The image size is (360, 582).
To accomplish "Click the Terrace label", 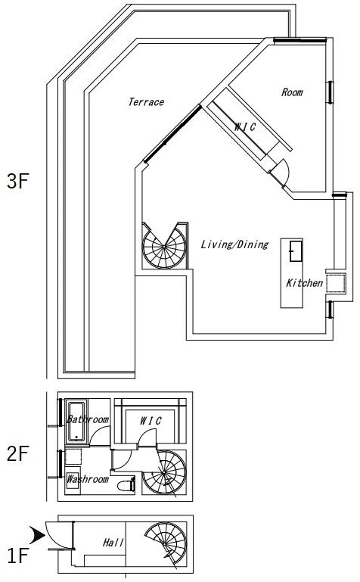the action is [x=146, y=102].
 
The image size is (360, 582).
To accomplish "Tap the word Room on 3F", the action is [x=292, y=92].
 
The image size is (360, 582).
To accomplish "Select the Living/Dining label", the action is [x=234, y=244].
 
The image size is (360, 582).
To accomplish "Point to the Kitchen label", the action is [x=304, y=283].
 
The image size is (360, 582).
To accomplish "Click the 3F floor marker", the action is [x=18, y=182].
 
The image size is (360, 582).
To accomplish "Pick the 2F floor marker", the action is [x=18, y=453].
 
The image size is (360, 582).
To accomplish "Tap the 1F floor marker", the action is [x=18, y=556].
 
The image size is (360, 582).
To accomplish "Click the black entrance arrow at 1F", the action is [x=37, y=535].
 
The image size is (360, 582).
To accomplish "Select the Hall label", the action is [x=113, y=543].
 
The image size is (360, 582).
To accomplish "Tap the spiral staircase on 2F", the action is [x=164, y=472].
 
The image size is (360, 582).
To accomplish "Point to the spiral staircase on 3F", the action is [x=164, y=245].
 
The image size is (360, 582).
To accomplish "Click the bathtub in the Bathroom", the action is [x=76, y=422].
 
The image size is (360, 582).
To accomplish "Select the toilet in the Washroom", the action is [x=126, y=485].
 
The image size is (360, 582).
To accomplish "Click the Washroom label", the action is [x=88, y=479].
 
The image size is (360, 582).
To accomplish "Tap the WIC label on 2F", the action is [x=151, y=421].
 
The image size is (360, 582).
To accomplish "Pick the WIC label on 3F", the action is [x=245, y=127].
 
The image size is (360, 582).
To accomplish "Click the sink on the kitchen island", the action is [x=296, y=251].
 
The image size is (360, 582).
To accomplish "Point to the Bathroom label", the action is [x=88, y=419].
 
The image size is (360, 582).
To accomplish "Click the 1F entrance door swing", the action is [x=56, y=534].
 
